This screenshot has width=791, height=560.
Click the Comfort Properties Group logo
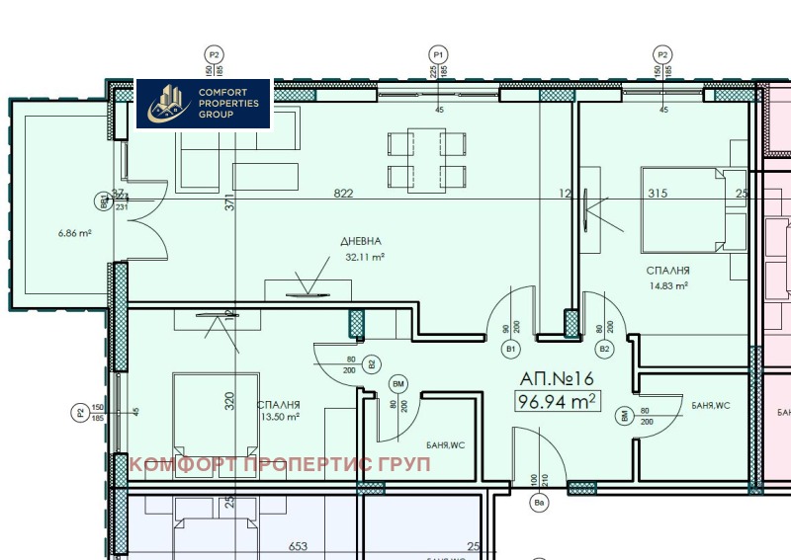pyautogui.click(x=203, y=103)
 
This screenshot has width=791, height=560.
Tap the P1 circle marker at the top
pyautogui.click(x=439, y=54)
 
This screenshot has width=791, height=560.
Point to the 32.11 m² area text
pyautogui.click(x=364, y=257)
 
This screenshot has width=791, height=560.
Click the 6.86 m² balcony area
pyautogui.click(x=75, y=233)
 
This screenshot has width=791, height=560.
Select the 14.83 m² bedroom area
pyautogui.click(x=667, y=285)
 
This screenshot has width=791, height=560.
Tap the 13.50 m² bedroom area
pyautogui.click(x=278, y=417)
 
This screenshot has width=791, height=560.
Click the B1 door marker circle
pyautogui.click(x=511, y=349)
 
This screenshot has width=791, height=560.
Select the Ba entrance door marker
pyautogui.click(x=540, y=505)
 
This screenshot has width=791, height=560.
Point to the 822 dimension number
pyautogui.click(x=343, y=194)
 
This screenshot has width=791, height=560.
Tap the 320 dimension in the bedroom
pyautogui.click(x=228, y=401)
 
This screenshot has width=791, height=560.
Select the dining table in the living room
pyautogui.click(x=426, y=161)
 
